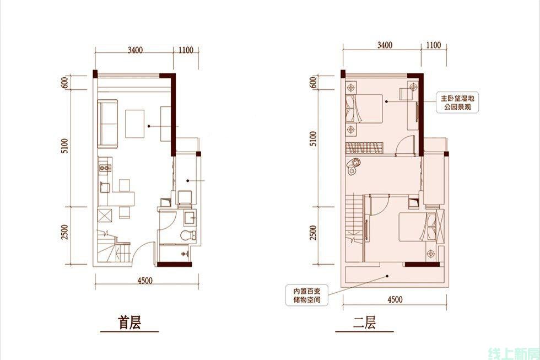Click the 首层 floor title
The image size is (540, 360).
(129, 323)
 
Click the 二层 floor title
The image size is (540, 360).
(364, 323)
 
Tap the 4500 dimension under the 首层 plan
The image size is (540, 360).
(144, 281)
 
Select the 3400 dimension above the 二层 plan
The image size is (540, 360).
(385, 45)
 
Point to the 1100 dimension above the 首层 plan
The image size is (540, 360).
(186, 50)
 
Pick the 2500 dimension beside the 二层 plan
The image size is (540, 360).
(313, 233)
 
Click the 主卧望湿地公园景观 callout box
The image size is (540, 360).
(457, 103)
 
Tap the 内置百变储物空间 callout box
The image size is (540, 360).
(306, 295)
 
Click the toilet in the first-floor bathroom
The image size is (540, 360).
(188, 235)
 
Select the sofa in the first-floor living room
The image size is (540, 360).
(108, 123)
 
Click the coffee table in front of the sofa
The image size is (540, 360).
(134, 123)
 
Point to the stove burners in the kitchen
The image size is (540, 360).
(105, 168)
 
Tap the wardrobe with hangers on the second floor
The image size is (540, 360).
(364, 148)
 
